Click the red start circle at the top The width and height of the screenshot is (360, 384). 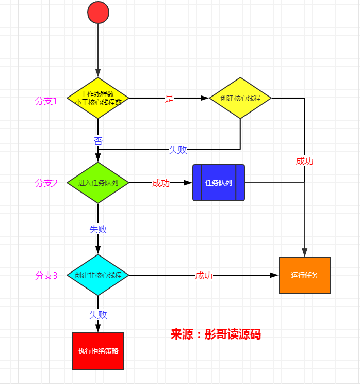click(98, 12)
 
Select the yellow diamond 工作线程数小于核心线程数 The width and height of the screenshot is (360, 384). click(98, 98)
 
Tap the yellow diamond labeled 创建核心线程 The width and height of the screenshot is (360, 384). click(240, 98)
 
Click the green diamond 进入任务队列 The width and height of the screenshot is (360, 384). click(98, 183)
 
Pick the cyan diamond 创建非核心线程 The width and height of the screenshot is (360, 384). click(98, 275)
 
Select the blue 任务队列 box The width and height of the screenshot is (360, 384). click(219, 183)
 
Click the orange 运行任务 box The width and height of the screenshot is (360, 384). click(304, 275)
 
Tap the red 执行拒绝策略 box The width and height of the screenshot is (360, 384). click(98, 351)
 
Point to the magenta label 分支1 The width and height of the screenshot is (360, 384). click(46, 101)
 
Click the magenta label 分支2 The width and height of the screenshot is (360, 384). click(46, 183)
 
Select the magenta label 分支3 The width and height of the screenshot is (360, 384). click(46, 276)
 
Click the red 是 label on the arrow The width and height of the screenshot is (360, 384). click(169, 99)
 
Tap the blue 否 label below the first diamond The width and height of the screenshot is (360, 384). click(98, 140)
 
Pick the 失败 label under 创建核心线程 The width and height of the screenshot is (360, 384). click(178, 150)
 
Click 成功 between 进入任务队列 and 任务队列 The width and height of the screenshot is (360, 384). click(160, 183)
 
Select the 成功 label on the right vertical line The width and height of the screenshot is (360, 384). click(304, 161)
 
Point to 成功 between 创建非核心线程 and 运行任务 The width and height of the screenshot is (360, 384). click(204, 276)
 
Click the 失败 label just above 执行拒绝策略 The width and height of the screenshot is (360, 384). click(98, 314)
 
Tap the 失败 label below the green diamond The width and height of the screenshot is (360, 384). click(98, 229)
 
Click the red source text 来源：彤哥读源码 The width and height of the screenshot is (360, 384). click(216, 334)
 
